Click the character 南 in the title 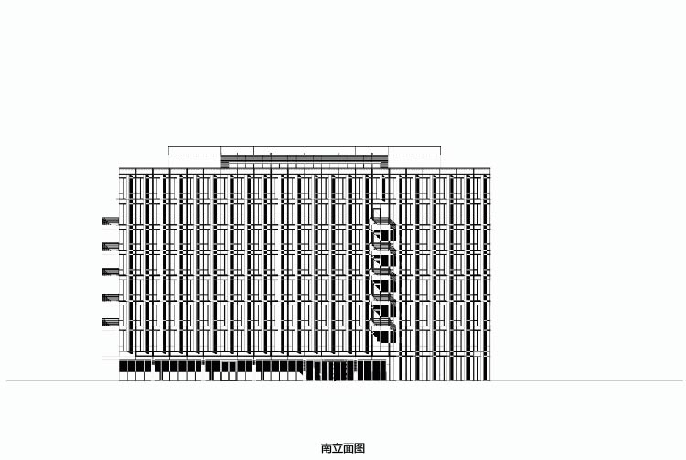click(x=327, y=448)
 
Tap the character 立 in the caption click(x=338, y=448)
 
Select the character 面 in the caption click(x=348, y=448)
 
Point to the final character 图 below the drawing click(x=359, y=448)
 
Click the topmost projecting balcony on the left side click(x=111, y=220)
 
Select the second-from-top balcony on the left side click(x=111, y=246)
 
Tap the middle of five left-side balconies click(x=111, y=272)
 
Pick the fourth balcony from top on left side click(x=111, y=297)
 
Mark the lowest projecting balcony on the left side click(x=111, y=322)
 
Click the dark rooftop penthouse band click(x=305, y=161)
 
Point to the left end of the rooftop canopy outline click(x=169, y=151)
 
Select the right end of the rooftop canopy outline click(x=440, y=151)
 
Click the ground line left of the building click(x=62, y=380)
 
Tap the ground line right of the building click(x=586, y=380)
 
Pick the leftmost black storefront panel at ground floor click(x=134, y=366)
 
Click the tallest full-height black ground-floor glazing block click(x=330, y=370)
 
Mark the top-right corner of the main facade click(x=489, y=168)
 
